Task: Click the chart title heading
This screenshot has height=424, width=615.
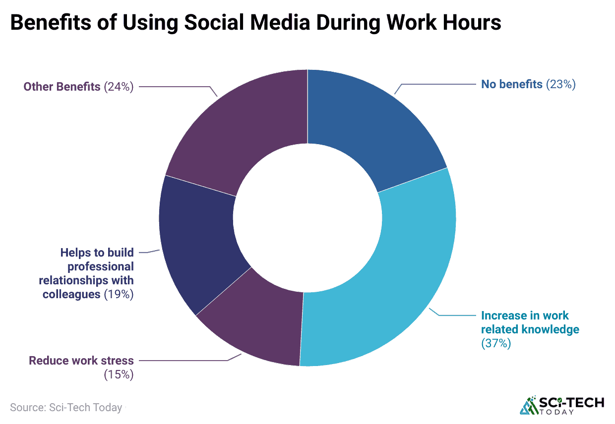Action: point(255,23)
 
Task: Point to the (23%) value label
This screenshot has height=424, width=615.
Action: point(560,84)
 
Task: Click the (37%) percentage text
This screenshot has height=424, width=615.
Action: point(495,343)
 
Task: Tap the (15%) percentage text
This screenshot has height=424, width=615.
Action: point(119,374)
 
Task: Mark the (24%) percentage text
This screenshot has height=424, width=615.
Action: point(119,87)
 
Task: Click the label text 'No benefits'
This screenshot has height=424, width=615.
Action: point(512,84)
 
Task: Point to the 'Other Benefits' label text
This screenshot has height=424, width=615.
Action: point(62,87)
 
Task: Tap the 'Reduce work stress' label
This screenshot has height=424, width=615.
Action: point(81,360)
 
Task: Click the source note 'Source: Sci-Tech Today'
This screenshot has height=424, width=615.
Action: point(66,408)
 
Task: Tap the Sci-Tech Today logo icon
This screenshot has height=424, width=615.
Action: point(529,405)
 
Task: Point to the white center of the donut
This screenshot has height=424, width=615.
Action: point(307,218)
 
